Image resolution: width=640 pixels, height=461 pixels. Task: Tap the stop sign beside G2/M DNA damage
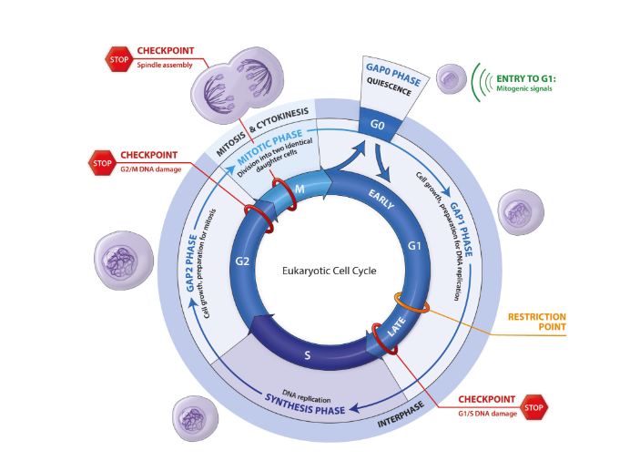(100, 163)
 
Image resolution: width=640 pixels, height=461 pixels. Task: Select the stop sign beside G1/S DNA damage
(535, 406)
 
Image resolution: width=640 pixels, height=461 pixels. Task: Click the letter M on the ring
(300, 188)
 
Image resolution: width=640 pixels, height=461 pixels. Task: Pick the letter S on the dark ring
(308, 355)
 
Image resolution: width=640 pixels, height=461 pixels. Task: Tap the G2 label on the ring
(241, 261)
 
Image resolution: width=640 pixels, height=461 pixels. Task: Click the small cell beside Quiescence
(452, 79)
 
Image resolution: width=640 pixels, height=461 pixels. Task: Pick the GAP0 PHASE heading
(394, 76)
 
